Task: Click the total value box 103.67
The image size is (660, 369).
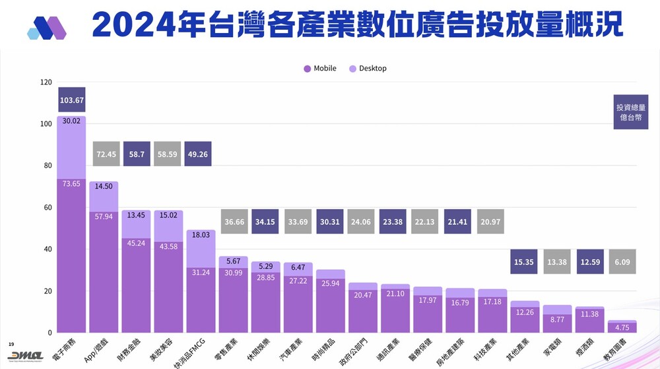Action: tap(71, 100)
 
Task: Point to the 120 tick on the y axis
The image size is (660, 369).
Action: tap(46, 83)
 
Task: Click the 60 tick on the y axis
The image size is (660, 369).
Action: tap(48, 208)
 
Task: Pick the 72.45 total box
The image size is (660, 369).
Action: tap(106, 154)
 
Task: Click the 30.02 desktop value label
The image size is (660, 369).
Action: tap(71, 121)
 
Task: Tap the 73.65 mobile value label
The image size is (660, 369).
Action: tap(71, 183)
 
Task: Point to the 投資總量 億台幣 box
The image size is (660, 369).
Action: tap(630, 112)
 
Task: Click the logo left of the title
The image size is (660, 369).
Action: tap(47, 27)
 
